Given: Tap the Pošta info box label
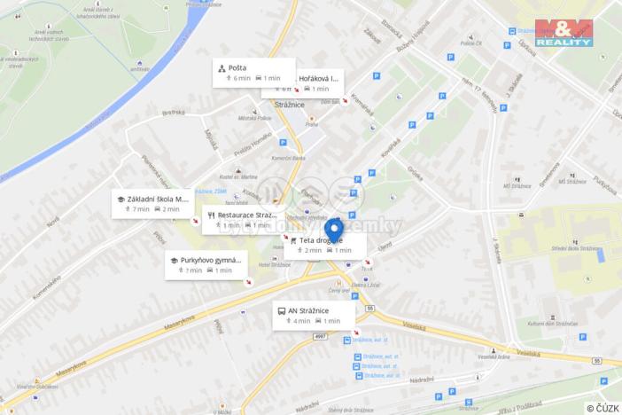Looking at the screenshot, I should [x=253, y=72].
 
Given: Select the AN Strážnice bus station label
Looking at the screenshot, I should [x=314, y=315].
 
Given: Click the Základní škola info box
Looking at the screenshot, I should [x=152, y=204].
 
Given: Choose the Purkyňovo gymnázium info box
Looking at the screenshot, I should [x=206, y=264].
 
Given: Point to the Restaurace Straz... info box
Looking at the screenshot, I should [x=242, y=219].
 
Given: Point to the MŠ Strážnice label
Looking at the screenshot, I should [x=517, y=186].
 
